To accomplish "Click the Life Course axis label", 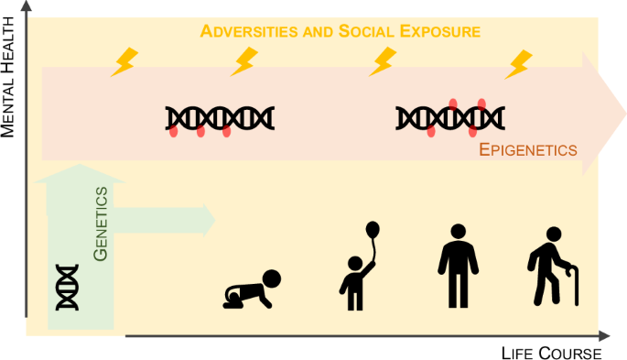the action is tap(551, 352).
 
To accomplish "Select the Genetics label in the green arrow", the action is tap(103, 224).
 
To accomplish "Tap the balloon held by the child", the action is tap(372, 231).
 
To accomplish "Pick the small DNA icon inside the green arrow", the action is tap(67, 286).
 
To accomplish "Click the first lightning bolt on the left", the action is tap(123, 62).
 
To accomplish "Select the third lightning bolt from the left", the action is tap(382, 61).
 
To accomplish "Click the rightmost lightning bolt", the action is tap(519, 63).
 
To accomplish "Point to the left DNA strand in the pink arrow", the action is tap(220, 119).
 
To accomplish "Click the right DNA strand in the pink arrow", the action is tap(450, 118).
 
